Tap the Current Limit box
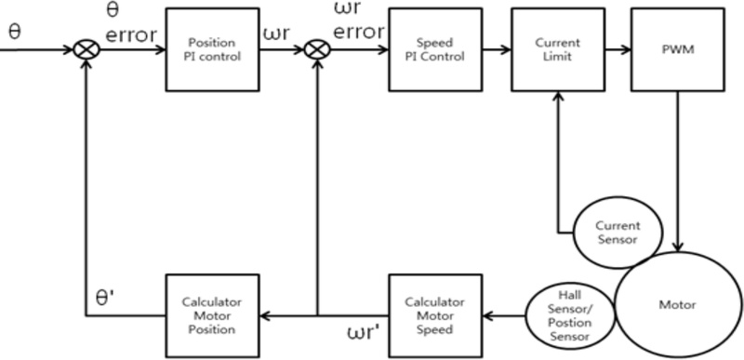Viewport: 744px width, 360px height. tap(557, 49)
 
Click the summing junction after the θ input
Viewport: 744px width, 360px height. tap(86, 52)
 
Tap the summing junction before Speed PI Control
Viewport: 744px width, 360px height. tap(318, 52)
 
